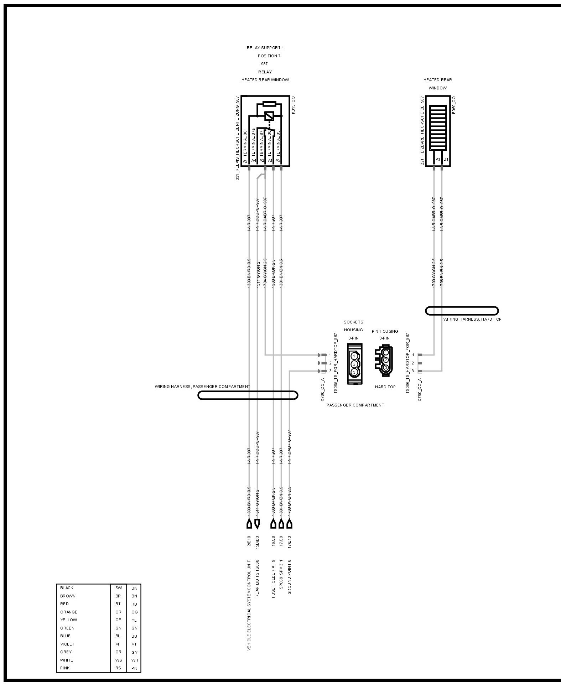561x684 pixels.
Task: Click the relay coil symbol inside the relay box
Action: click(269, 116)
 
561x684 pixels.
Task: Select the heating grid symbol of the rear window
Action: click(438, 127)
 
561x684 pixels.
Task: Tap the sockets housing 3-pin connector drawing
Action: click(354, 364)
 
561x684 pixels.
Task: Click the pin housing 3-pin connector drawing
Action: click(384, 361)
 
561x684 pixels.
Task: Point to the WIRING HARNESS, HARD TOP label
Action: click(472, 319)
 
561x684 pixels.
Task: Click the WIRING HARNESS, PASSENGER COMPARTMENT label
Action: click(202, 387)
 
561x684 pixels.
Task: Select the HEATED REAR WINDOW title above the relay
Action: click(265, 80)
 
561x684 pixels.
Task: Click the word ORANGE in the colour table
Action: click(69, 612)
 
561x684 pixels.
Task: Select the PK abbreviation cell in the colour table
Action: click(134, 668)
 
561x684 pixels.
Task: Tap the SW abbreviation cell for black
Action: click(119, 588)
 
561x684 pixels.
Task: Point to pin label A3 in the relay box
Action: click(245, 161)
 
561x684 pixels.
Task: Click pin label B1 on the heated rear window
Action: click(446, 159)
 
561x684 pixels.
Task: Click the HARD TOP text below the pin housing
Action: click(385, 387)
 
